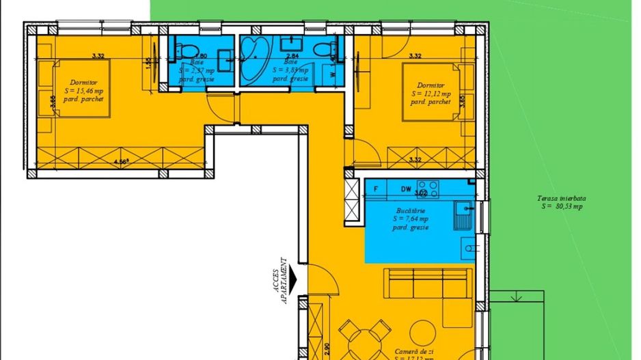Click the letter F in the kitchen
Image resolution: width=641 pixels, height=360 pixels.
pos(375,188)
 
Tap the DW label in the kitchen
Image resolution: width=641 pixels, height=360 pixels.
pos(406,188)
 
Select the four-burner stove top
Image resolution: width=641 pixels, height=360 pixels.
pos(428,188)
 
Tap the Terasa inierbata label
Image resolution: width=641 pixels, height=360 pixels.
pos(560,202)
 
